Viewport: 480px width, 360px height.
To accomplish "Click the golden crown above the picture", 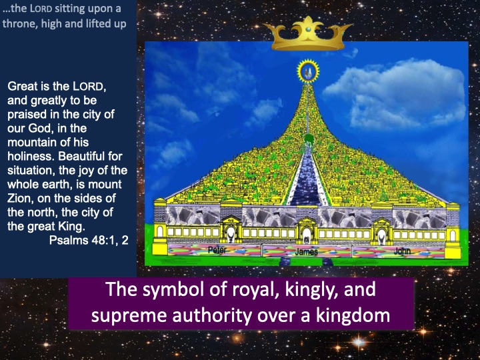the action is click(x=307, y=34).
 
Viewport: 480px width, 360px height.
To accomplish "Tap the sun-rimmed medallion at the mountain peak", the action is click(x=308, y=71).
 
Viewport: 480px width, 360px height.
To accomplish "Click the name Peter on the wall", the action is click(x=217, y=250).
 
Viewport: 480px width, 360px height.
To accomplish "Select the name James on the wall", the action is click(x=307, y=251).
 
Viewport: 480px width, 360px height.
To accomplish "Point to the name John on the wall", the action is click(x=402, y=251).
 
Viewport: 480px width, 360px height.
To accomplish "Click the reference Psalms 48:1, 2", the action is click(x=89, y=240).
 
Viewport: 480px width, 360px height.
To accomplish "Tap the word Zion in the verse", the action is click(x=21, y=199).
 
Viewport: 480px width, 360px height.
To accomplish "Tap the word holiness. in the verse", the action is click(x=31, y=157).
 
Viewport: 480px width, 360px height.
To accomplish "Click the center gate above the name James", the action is click(x=307, y=231).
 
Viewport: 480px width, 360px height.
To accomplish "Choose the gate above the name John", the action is click(x=381, y=231).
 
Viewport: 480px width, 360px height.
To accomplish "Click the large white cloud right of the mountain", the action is click(x=395, y=93).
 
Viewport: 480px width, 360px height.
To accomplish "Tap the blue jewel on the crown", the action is click(x=308, y=29).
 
